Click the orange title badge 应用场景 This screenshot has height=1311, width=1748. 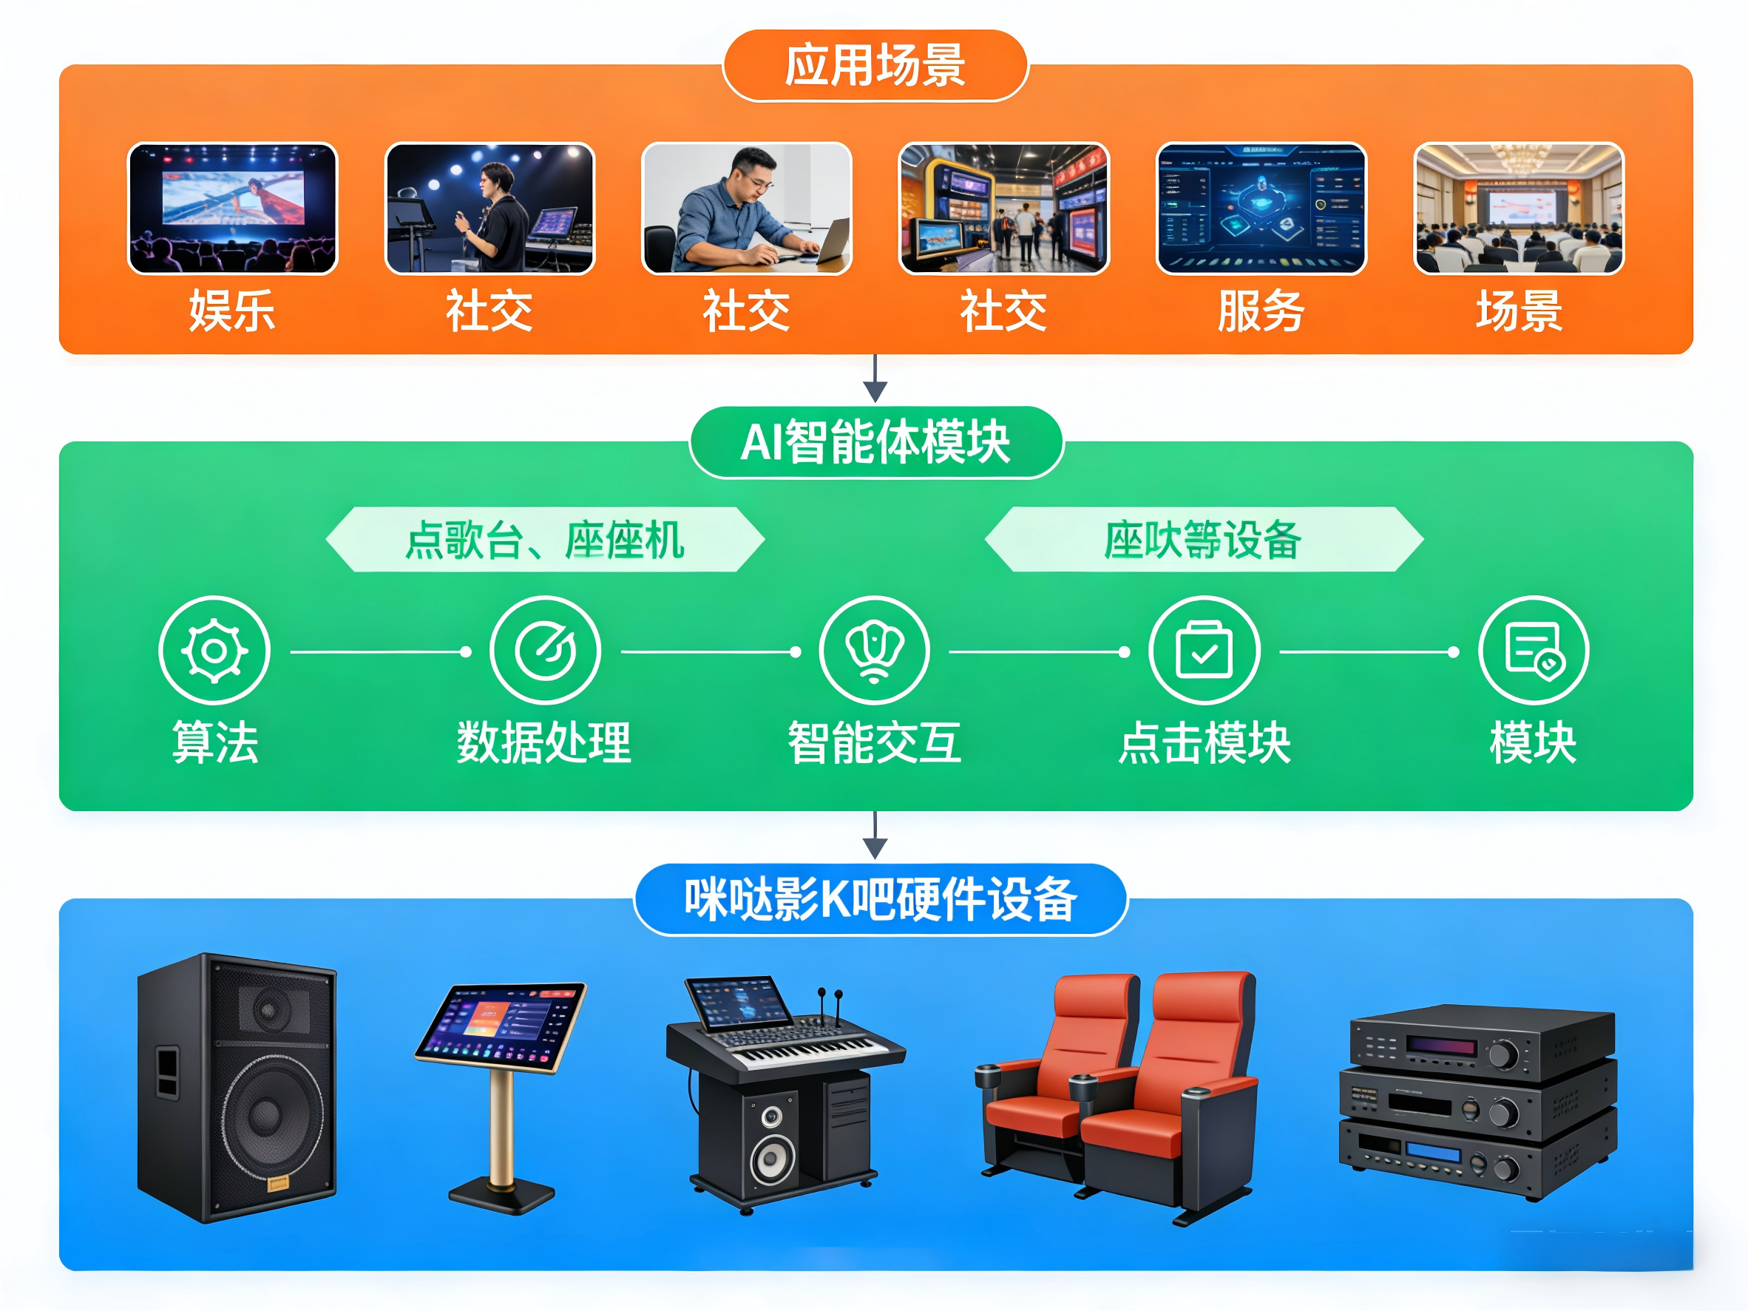pos(875,66)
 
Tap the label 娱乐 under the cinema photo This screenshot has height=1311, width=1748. pos(231,311)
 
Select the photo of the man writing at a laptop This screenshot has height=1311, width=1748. pos(746,209)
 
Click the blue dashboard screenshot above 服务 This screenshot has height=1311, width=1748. pos(1261,209)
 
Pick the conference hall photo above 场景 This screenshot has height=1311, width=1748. pos(1518,209)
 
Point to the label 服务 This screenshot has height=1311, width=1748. pos(1261,311)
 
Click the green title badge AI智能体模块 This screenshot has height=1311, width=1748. pos(875,442)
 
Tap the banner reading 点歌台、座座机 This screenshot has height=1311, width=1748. pos(544,540)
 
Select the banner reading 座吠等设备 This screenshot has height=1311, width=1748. pos(1203,540)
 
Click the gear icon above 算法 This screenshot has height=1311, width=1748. pos(214,651)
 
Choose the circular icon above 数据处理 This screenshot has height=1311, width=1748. pos(544,651)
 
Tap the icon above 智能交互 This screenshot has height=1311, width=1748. pos(874,651)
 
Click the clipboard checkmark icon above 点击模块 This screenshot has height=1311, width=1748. pos(1204,651)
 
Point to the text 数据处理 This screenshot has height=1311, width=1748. pos(544,743)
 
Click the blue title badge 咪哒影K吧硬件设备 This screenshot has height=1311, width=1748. pos(879,899)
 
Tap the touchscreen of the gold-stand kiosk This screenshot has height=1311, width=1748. pos(500,1026)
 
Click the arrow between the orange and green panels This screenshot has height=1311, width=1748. pos(875,379)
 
